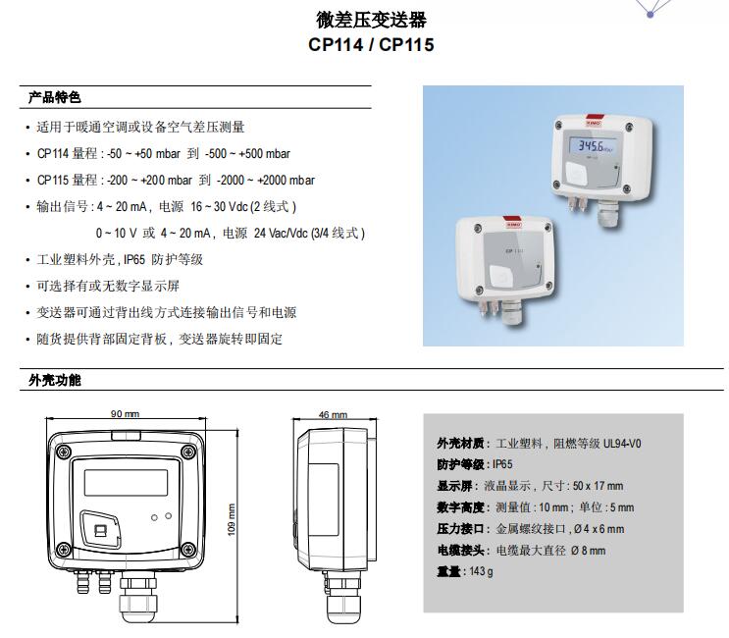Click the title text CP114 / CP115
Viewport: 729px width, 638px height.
click(371, 44)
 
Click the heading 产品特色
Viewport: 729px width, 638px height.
click(54, 97)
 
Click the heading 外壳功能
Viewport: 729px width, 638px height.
click(54, 380)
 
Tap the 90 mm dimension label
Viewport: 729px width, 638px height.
click(125, 413)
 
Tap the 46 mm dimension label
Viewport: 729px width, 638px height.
click(333, 414)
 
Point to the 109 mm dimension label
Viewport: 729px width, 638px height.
click(232, 519)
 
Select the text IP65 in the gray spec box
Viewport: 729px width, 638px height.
click(502, 464)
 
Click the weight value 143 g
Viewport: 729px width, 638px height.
click(481, 571)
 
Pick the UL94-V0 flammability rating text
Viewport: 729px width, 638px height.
click(622, 443)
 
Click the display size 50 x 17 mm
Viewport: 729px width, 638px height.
click(598, 486)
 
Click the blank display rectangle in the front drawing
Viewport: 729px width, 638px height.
click(126, 482)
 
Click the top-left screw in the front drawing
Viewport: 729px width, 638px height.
click(63, 451)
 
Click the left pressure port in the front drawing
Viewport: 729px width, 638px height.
click(83, 582)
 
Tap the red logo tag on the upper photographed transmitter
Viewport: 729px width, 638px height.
click(595, 121)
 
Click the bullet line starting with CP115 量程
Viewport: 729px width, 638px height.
click(176, 180)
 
